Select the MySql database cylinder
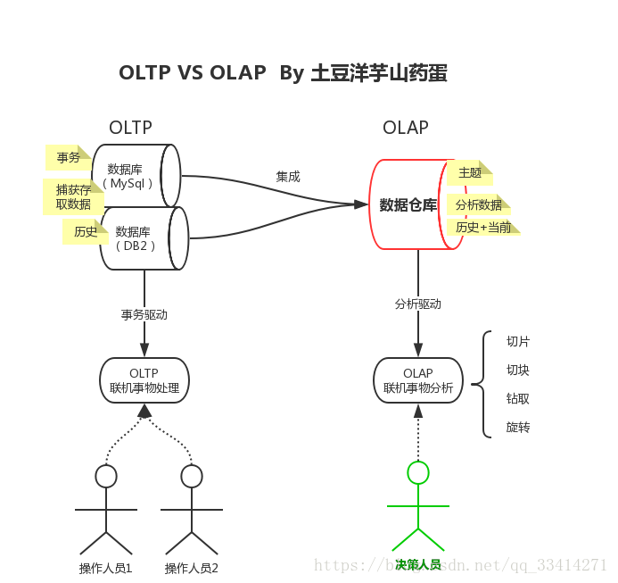[134, 176]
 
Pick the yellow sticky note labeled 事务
[68, 158]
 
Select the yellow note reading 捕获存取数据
[72, 196]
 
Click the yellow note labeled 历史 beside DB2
[85, 231]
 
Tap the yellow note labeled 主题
[469, 172]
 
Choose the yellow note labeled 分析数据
[478, 204]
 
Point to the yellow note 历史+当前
[482, 227]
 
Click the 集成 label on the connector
[288, 177]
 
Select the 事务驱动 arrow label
[144, 314]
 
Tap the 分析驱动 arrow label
[418, 304]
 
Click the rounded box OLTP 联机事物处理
[144, 380]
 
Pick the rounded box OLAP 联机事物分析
[418, 380]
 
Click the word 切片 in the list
[518, 341]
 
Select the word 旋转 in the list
[518, 427]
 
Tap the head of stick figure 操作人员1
[106, 476]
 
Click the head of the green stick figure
[417, 471]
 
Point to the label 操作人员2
[192, 568]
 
